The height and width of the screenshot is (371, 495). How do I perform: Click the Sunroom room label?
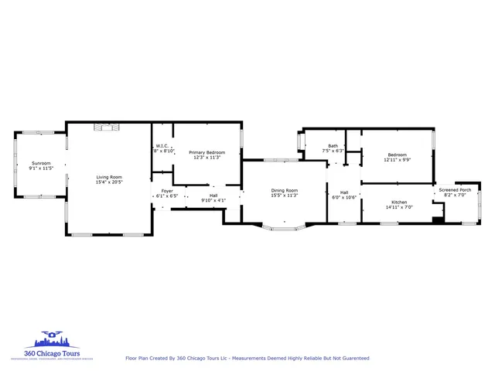click(x=41, y=163)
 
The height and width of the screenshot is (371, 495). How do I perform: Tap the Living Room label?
click(x=109, y=177)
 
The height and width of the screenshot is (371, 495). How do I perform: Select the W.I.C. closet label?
click(x=162, y=146)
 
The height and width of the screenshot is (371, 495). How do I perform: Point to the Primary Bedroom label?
click(x=207, y=152)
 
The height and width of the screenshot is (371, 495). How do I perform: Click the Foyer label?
click(x=167, y=191)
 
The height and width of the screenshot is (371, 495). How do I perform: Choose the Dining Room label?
click(x=284, y=190)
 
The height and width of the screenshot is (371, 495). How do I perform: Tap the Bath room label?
click(x=333, y=146)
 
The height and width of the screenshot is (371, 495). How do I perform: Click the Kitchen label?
click(x=399, y=202)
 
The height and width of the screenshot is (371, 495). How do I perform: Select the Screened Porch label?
click(x=455, y=190)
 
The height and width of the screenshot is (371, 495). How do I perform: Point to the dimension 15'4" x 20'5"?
click(x=109, y=182)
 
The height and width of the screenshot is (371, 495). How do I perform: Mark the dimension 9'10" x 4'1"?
click(x=213, y=200)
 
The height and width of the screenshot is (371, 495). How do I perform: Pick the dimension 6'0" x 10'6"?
click(x=344, y=197)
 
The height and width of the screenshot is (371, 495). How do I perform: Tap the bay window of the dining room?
click(x=283, y=227)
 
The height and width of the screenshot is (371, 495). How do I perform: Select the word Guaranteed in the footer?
click(x=353, y=359)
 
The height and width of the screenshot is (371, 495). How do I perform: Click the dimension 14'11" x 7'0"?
click(x=399, y=207)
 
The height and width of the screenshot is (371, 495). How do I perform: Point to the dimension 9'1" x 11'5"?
click(x=41, y=168)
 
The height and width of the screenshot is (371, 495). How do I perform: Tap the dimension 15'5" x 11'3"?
click(x=284, y=196)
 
